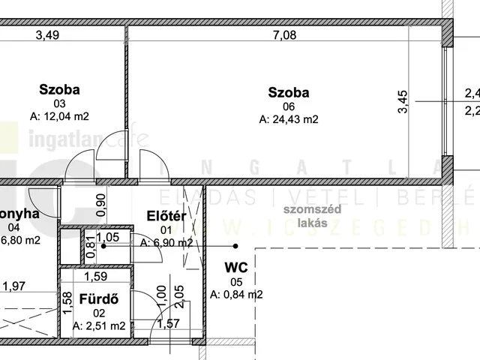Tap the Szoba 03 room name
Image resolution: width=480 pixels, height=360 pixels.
coord(59,91)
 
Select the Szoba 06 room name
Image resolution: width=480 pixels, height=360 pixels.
coord(289,93)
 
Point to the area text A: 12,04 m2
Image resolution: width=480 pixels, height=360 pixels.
coord(59,116)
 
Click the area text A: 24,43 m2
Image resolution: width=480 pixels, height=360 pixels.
coord(289,118)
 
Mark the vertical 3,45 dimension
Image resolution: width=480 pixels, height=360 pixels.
coord(403,101)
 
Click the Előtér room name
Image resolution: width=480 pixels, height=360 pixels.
coord(166,217)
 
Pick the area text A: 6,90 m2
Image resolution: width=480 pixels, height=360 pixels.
coord(166,242)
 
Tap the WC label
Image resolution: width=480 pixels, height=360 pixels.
coord(236,267)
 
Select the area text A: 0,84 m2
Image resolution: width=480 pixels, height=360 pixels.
coord(236,294)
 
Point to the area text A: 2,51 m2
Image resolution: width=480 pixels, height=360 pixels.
coord(100,325)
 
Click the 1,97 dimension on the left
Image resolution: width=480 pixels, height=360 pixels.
coord(13,286)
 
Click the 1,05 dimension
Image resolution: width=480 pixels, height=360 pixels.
coord(108,237)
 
